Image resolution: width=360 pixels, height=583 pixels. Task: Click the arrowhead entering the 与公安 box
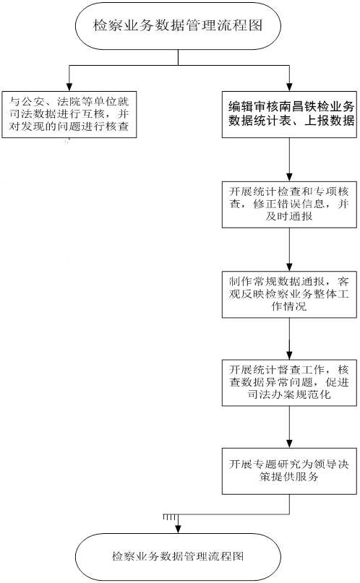tap(69, 87)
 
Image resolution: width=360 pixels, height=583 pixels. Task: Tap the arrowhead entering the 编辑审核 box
tap(289, 87)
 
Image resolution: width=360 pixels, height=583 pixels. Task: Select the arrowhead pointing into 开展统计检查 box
tap(289, 177)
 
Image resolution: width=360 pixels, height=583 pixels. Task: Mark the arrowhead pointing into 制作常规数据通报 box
tap(289, 267)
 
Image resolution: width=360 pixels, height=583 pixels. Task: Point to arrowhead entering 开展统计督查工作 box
tap(289, 355)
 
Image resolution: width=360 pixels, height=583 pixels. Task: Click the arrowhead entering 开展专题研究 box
tap(289, 444)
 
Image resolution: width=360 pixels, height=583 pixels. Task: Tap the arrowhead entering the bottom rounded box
tap(178, 528)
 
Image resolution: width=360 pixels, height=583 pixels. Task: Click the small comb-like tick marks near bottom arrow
tap(170, 517)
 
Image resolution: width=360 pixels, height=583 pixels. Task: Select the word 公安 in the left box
tap(33, 102)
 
